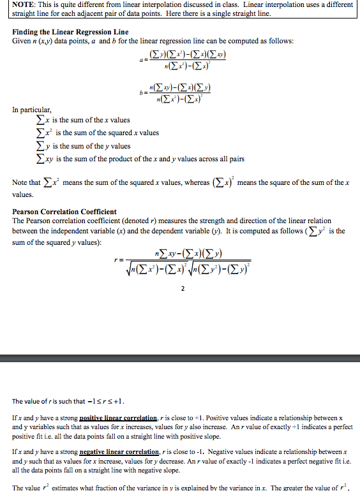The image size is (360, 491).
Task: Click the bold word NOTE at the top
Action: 24,5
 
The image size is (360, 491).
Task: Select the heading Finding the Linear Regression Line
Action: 70,32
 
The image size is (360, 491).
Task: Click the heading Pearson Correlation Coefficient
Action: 64,211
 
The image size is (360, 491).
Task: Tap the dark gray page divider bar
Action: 180,358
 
